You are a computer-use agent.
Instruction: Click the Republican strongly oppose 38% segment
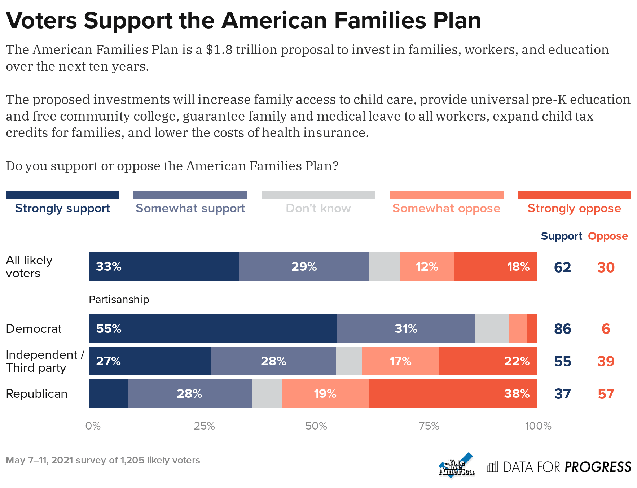click(453, 393)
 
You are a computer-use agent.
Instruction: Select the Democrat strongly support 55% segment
click(212, 328)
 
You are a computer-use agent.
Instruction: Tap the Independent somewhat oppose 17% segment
click(400, 361)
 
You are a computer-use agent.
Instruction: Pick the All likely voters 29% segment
click(304, 266)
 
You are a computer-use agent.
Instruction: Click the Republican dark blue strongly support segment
click(108, 393)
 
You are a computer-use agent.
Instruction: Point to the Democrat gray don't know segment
click(492, 328)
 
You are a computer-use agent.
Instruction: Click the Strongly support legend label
click(62, 208)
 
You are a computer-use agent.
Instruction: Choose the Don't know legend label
click(318, 208)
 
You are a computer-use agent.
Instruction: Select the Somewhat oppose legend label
click(446, 208)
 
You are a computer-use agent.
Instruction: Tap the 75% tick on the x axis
click(429, 426)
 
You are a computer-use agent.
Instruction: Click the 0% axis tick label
click(93, 426)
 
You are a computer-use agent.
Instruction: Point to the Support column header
click(561, 236)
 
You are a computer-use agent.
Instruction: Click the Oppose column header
click(608, 236)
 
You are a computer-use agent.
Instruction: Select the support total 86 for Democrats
click(562, 329)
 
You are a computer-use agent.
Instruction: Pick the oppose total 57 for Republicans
click(606, 394)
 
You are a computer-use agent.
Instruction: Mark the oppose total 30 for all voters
click(606, 267)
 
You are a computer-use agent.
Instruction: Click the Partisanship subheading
click(119, 300)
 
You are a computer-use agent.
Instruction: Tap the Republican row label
click(36, 393)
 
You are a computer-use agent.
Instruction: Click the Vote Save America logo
click(456, 466)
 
